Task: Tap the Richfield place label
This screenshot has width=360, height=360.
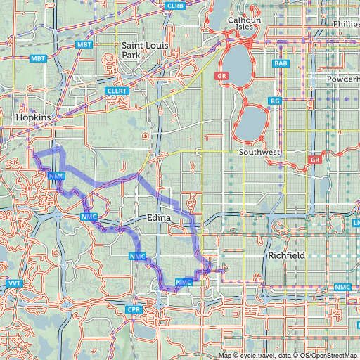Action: pyautogui.click(x=286, y=256)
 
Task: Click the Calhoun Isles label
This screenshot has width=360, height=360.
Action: pyautogui.click(x=244, y=24)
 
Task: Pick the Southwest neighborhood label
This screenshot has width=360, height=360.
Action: pyautogui.click(x=259, y=152)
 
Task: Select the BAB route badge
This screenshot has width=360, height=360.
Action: pyautogui.click(x=281, y=63)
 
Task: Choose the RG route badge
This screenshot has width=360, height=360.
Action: pyautogui.click(x=275, y=101)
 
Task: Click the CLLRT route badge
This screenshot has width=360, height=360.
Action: pyautogui.click(x=114, y=91)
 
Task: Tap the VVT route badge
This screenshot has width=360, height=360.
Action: pyautogui.click(x=14, y=283)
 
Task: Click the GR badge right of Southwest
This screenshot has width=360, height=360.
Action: pyautogui.click(x=314, y=160)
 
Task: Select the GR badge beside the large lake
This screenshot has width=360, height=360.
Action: pyautogui.click(x=222, y=75)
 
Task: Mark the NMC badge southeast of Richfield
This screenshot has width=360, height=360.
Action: pyautogui.click(x=342, y=287)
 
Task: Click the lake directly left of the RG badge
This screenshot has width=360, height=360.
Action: pyautogui.click(x=252, y=122)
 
